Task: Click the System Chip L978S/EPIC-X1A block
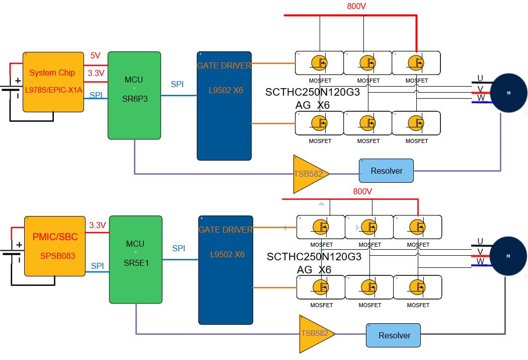tap(53, 81)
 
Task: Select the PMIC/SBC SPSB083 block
tap(54, 246)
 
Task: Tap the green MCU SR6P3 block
tap(134, 95)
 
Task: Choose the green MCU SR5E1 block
tap(135, 259)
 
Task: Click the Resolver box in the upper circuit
tap(386, 171)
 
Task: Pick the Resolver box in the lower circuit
tap(394, 335)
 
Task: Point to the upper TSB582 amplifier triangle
tap(308, 174)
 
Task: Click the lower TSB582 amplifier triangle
tap(313, 334)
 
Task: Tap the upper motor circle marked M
tap(508, 93)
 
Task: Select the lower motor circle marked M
tap(508, 256)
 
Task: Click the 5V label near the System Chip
tap(96, 56)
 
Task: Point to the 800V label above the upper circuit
tap(356, 7)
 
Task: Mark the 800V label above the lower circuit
tap(362, 191)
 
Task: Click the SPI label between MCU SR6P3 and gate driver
tap(177, 84)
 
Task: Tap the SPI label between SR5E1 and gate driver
tap(179, 248)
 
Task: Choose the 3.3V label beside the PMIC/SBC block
tap(97, 225)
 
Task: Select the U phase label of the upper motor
tap(480, 78)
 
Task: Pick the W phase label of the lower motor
tap(480, 261)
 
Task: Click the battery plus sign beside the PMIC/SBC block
tap(19, 245)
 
